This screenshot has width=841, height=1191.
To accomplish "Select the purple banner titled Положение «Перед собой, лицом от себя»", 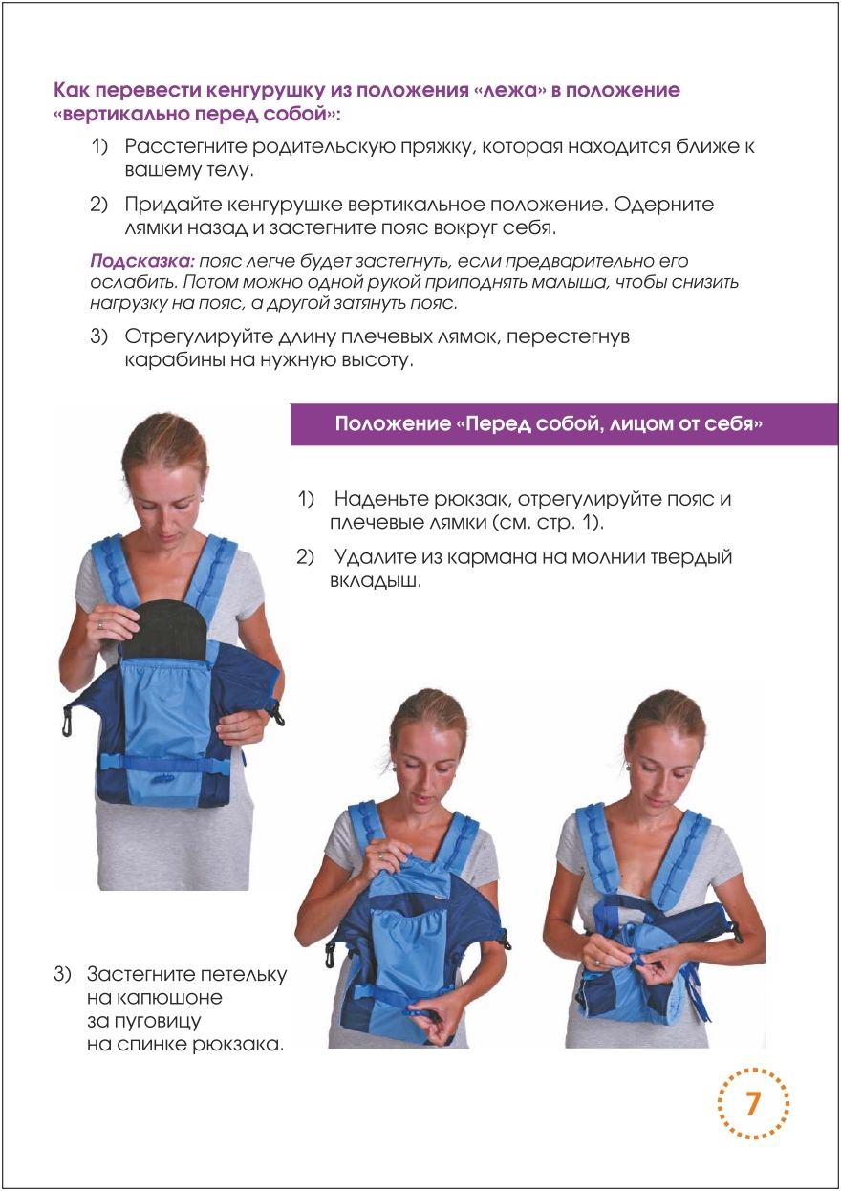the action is [565, 424].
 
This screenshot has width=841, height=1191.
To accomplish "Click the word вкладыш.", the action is [376, 580].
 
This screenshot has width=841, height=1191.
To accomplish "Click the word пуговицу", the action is [144, 1022].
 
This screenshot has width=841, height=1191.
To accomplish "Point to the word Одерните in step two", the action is [667, 205].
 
